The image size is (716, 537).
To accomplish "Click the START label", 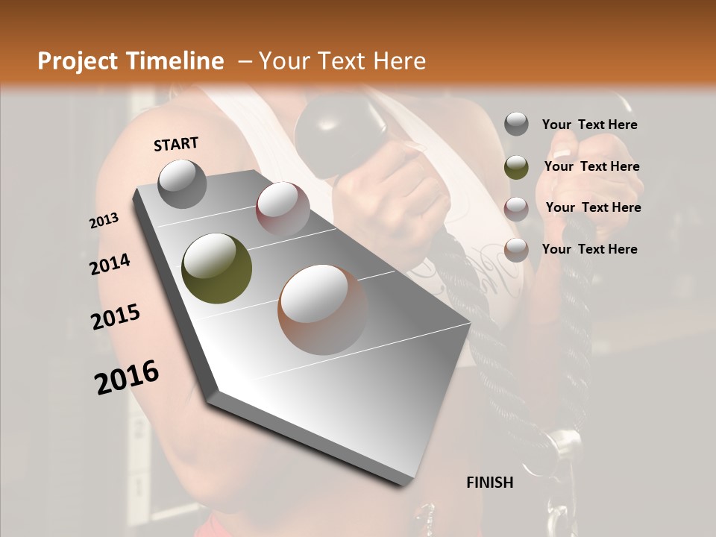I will coord(176,144).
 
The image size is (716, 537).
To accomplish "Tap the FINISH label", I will coord(490,483).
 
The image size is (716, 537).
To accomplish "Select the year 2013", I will coord(104,221).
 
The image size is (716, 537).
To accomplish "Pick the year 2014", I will coord(110,265).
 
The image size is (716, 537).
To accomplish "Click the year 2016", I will coord(127,377).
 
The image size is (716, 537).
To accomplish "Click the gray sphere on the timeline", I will coord(182,183).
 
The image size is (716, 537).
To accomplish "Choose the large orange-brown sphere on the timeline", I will coord(323,308).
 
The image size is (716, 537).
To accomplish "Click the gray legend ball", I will coord(516,125).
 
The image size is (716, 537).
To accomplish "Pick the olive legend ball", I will coord(516,167).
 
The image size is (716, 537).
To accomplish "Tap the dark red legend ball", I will coord(516,208).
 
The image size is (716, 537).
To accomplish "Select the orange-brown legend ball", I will coord(516,250).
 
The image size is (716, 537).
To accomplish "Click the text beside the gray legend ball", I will coord(589,125).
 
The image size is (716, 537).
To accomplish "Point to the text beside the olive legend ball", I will coord(591,166).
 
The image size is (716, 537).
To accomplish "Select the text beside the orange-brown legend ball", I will coord(589,249).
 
